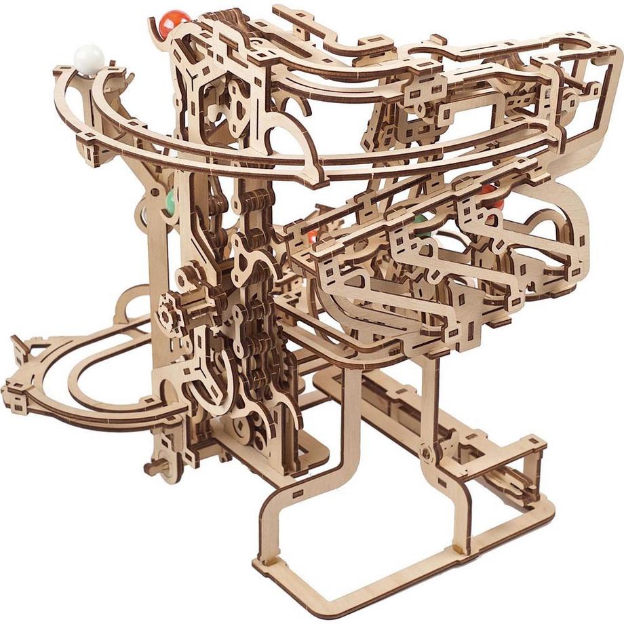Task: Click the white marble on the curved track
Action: click(x=90, y=58)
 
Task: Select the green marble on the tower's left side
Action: click(x=170, y=201)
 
